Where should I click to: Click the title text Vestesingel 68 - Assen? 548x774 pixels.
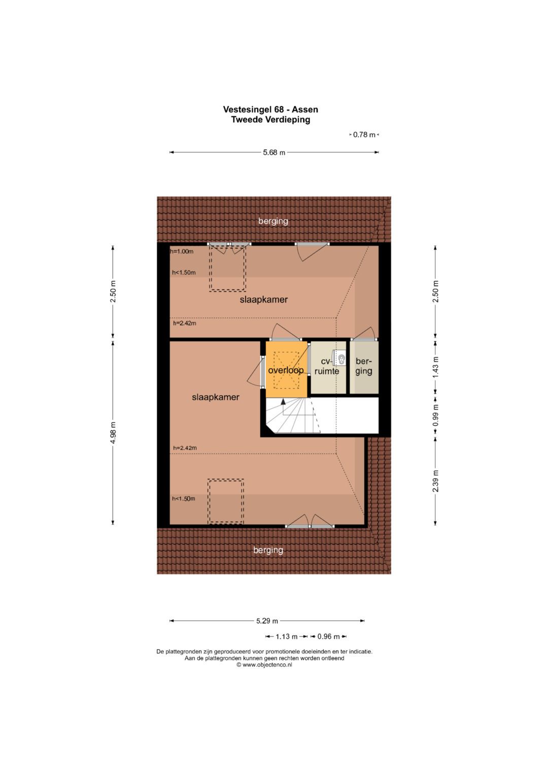[270, 109]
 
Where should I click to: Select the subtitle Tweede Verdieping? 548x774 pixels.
[270, 120]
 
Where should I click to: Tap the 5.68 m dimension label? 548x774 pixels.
[274, 153]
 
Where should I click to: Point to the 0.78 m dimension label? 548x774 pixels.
[364, 135]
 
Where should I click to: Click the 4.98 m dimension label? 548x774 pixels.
[113, 433]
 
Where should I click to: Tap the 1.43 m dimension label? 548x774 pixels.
[435, 367]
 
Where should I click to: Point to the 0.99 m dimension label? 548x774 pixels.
[435, 415]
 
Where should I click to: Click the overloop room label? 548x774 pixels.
[286, 371]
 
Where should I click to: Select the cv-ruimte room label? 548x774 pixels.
[327, 366]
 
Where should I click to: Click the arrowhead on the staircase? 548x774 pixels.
[283, 401]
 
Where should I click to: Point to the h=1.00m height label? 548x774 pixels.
[182, 251]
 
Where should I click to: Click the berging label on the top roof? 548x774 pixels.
[273, 221]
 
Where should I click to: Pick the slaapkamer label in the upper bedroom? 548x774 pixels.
[264, 300]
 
